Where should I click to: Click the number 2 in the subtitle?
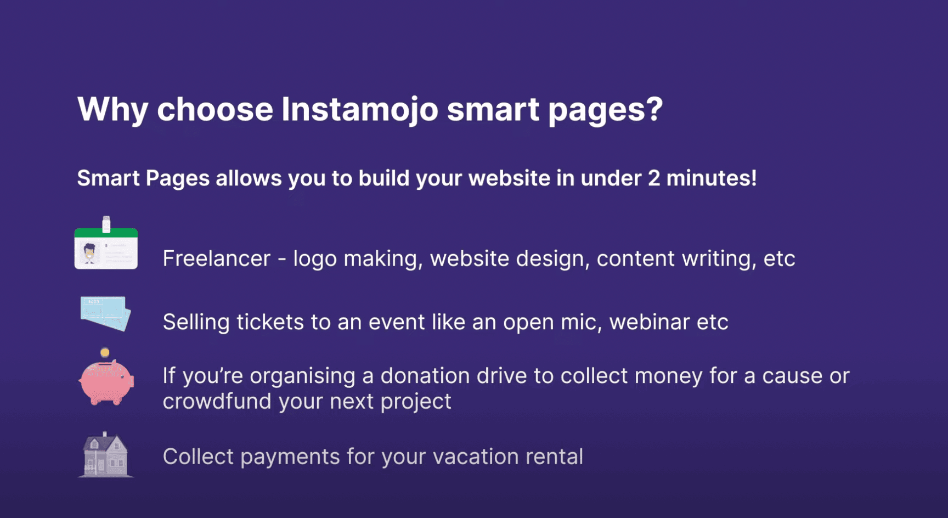point(654,178)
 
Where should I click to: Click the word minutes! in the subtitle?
point(712,178)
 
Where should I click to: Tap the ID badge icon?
point(106,243)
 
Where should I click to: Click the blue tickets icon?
point(106,313)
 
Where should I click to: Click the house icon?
point(106,455)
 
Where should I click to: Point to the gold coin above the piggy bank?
point(105,353)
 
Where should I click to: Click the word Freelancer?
point(217,258)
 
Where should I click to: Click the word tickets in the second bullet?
point(270,322)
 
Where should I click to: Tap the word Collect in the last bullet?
point(199,457)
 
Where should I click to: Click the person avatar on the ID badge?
point(89,253)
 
